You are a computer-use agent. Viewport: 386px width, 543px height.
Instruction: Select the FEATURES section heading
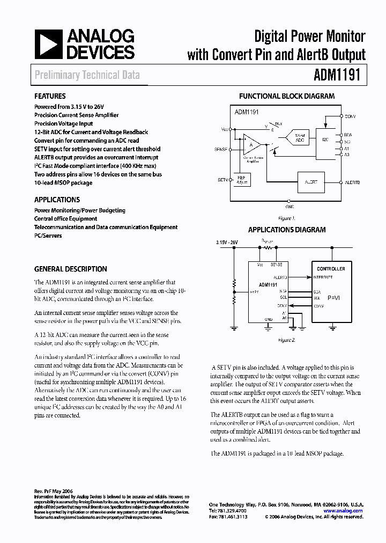(50, 97)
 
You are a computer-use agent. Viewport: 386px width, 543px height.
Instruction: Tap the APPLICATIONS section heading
(56, 200)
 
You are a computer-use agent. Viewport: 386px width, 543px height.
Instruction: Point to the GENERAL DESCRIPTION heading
(70, 269)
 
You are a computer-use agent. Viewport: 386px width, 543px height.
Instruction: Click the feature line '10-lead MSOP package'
(63, 183)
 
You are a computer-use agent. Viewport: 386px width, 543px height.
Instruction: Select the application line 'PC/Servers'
(48, 236)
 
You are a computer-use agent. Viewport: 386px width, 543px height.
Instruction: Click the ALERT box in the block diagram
(311, 182)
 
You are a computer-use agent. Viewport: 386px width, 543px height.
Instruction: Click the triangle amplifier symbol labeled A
(251, 144)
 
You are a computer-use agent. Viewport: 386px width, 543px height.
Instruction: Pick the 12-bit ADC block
(300, 138)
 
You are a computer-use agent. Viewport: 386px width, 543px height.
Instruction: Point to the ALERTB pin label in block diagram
(353, 182)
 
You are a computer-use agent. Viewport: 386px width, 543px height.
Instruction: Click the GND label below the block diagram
(289, 206)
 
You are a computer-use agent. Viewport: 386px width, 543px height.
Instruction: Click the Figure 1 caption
(286, 218)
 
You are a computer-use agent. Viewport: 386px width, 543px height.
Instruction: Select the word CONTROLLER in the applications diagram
(331, 268)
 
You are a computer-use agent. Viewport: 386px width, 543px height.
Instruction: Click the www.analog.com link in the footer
(343, 511)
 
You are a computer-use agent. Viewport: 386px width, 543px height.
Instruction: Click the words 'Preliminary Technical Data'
(87, 75)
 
